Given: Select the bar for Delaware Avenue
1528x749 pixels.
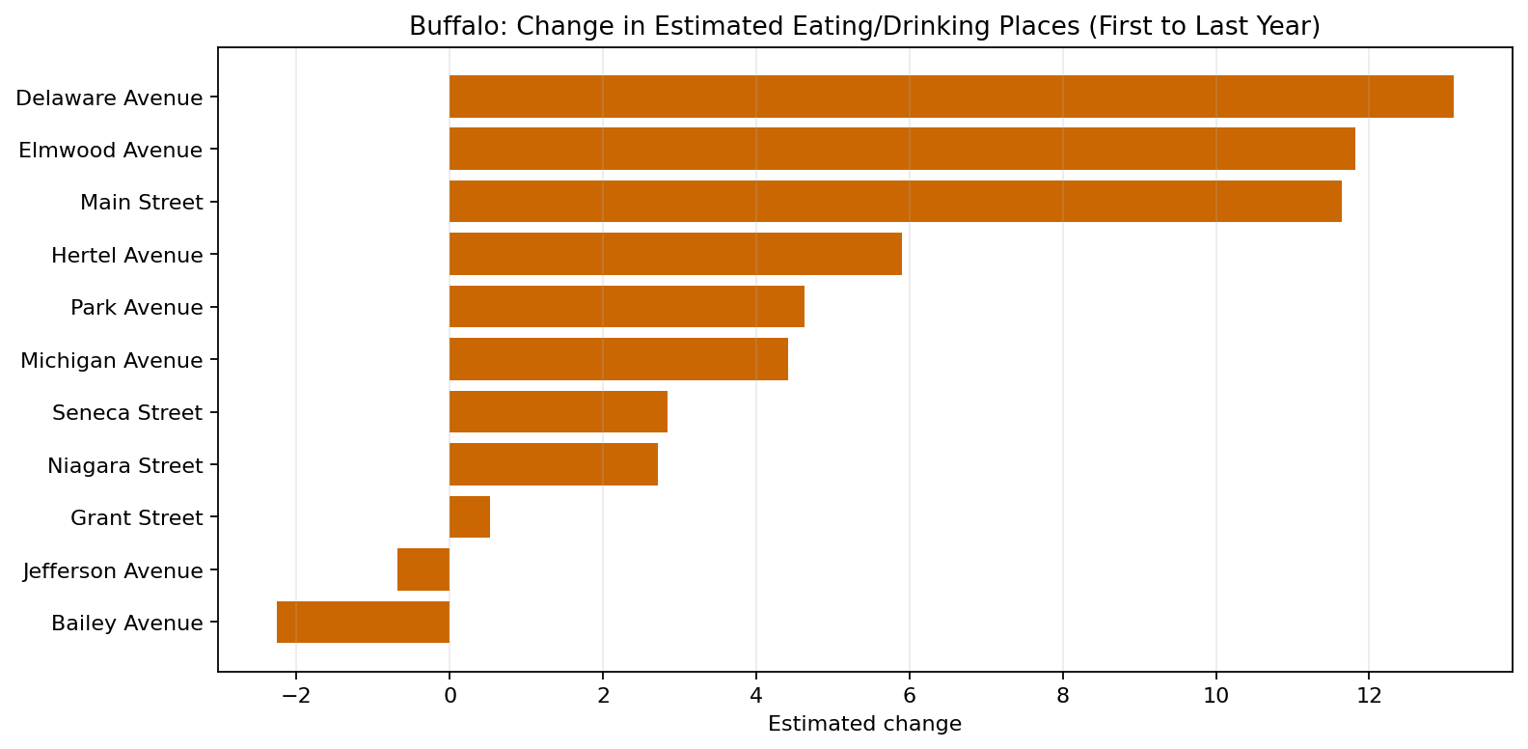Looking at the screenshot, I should tap(950, 97).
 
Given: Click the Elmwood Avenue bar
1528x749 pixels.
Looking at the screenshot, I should tap(902, 149).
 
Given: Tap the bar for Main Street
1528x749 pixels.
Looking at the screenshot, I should tap(895, 202).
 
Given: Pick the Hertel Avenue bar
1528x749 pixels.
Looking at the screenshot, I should tap(675, 254).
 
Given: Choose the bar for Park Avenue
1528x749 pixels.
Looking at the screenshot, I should tap(627, 307).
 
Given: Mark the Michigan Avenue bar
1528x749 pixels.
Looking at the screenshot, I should tap(618, 359).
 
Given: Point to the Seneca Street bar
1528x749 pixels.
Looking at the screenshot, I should tap(559, 412).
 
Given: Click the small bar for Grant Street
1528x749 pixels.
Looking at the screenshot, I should tap(470, 517).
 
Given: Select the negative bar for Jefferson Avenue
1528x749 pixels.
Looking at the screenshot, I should tap(423, 569).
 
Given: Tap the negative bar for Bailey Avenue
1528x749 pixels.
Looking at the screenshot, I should tap(363, 623).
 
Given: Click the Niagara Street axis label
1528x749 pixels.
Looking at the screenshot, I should tap(125, 466).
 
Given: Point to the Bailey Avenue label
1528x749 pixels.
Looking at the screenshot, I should tap(127, 624).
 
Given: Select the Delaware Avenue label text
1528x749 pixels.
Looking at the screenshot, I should tap(109, 98).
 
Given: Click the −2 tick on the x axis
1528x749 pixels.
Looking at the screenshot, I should tap(295, 696).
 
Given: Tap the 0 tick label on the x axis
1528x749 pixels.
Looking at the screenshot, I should tap(450, 696).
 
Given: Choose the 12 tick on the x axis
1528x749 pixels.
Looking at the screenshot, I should tap(1369, 696).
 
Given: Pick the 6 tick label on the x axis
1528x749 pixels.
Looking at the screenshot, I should tap(909, 696).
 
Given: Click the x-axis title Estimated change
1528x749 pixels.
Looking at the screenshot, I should tap(864, 725).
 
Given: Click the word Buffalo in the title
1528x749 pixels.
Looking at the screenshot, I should tap(452, 26).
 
